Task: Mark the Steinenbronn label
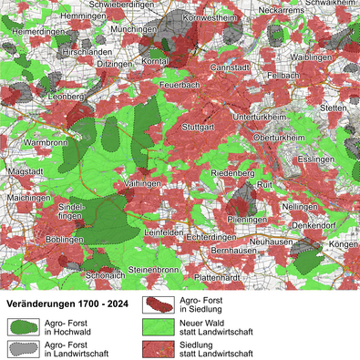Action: click(153, 271)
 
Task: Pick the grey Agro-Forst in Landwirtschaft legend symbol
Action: click(21, 348)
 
